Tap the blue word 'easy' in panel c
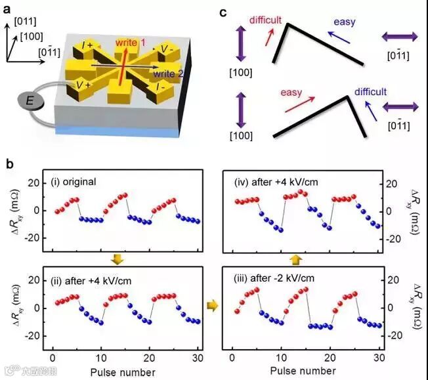(344, 22)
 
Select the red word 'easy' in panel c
(291, 93)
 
